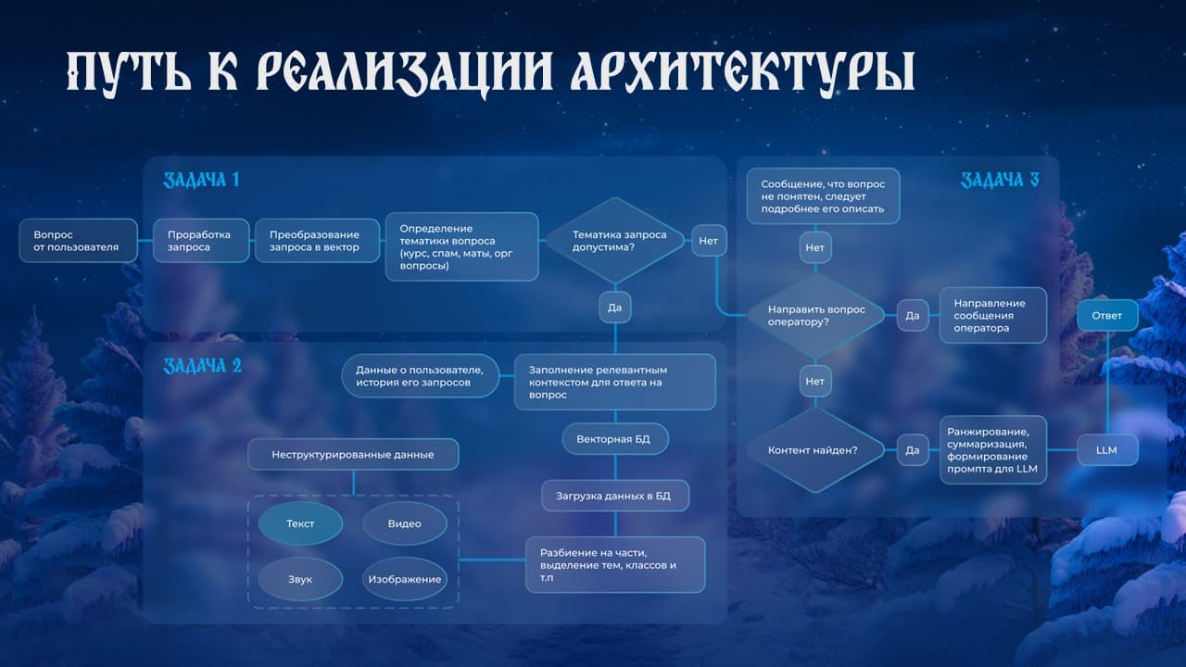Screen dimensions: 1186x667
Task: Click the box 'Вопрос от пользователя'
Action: click(79, 240)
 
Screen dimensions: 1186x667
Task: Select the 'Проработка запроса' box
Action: click(201, 240)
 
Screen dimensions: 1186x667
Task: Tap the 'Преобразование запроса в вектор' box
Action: click(317, 240)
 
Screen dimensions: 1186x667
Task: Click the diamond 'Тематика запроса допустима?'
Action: click(615, 241)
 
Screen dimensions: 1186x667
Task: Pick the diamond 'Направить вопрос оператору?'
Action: click(815, 316)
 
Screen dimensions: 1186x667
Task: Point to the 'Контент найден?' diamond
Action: click(815, 450)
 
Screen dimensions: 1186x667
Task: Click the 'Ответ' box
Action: click(1107, 316)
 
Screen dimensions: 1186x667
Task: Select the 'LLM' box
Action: click(1107, 450)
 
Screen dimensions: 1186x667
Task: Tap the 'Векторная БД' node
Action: click(615, 439)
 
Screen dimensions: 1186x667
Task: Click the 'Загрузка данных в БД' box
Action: click(615, 496)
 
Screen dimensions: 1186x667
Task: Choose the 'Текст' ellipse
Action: click(300, 523)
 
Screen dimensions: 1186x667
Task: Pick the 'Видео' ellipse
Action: click(405, 523)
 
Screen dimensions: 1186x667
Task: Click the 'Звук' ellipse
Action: click(300, 579)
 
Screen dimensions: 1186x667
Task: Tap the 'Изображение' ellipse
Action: click(405, 579)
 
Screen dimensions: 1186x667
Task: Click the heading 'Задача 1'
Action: click(201, 180)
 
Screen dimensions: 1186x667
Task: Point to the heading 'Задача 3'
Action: click(1000, 180)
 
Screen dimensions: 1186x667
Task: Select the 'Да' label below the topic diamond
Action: click(614, 307)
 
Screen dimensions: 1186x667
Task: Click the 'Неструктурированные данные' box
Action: click(353, 454)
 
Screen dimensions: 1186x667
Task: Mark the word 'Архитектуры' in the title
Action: click(743, 73)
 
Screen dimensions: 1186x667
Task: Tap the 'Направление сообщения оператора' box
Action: click(993, 316)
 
